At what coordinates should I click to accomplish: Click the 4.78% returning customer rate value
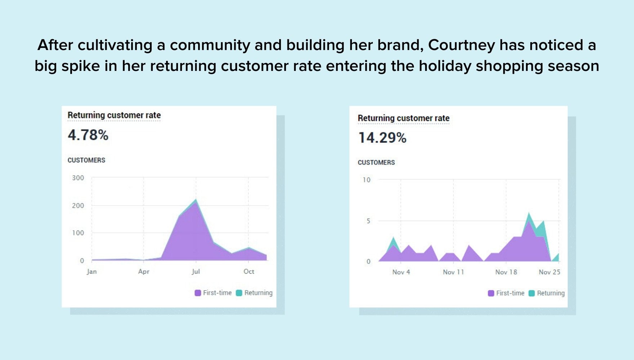coord(88,135)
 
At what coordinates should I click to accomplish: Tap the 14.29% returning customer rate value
coord(382,138)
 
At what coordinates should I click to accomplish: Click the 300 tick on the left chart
coord(78,178)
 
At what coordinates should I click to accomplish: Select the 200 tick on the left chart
coord(78,206)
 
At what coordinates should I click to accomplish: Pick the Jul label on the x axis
coord(196,271)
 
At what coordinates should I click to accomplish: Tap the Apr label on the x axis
coord(144,271)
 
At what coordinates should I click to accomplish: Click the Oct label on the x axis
coord(249,271)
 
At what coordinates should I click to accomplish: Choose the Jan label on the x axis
coord(91,271)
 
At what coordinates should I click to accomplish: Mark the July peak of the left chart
coord(196,199)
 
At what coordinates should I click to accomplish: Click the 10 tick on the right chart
coord(366,180)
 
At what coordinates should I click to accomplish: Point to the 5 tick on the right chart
coord(368,221)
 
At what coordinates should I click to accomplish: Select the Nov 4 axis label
coord(401,272)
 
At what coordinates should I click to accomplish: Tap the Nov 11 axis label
coord(453,272)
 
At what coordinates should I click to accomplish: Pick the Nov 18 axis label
coord(506,272)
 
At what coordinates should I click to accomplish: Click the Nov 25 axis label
coord(549,272)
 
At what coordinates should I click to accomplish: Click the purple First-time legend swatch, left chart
coord(198,293)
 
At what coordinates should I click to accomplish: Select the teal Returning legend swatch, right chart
coord(532,293)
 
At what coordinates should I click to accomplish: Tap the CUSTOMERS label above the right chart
coord(376,163)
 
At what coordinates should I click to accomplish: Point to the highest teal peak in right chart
coord(529,213)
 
